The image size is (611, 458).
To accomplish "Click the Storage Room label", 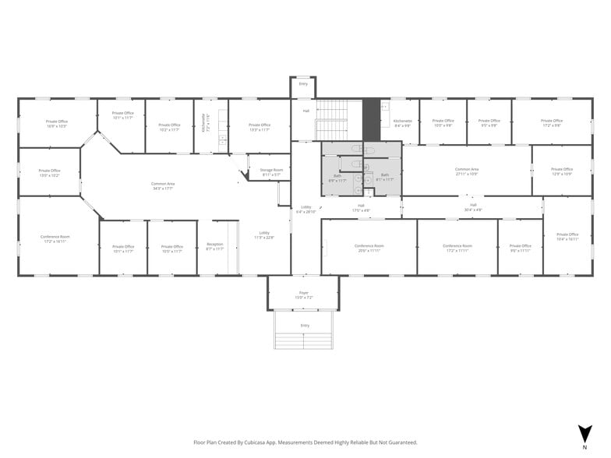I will pos(272,171).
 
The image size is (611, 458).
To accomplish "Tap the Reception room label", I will pos(214,247).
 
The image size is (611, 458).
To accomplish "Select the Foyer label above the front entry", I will pos(304,294).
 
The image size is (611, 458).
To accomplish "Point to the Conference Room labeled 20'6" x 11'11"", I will pos(370,248).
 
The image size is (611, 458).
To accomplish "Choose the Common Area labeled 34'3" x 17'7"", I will pos(163,185).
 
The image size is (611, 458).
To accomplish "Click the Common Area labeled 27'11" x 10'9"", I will pos(467,171).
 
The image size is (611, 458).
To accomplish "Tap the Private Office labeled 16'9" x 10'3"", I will pos(56,123).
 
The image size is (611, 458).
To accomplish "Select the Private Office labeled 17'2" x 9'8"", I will pos(552,123).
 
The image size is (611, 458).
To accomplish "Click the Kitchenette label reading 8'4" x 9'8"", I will pos(402,123).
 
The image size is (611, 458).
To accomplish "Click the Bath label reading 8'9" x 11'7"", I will pos(337,178).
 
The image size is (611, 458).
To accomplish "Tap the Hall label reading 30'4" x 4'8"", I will pos(473,207).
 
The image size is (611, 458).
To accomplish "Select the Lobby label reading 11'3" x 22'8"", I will pos(264,234).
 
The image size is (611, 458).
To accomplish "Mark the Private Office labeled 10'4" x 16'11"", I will pos(567,236).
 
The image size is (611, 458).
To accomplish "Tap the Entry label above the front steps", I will pos(305,326).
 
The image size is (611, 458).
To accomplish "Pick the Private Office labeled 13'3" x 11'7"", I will pos(260,126).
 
